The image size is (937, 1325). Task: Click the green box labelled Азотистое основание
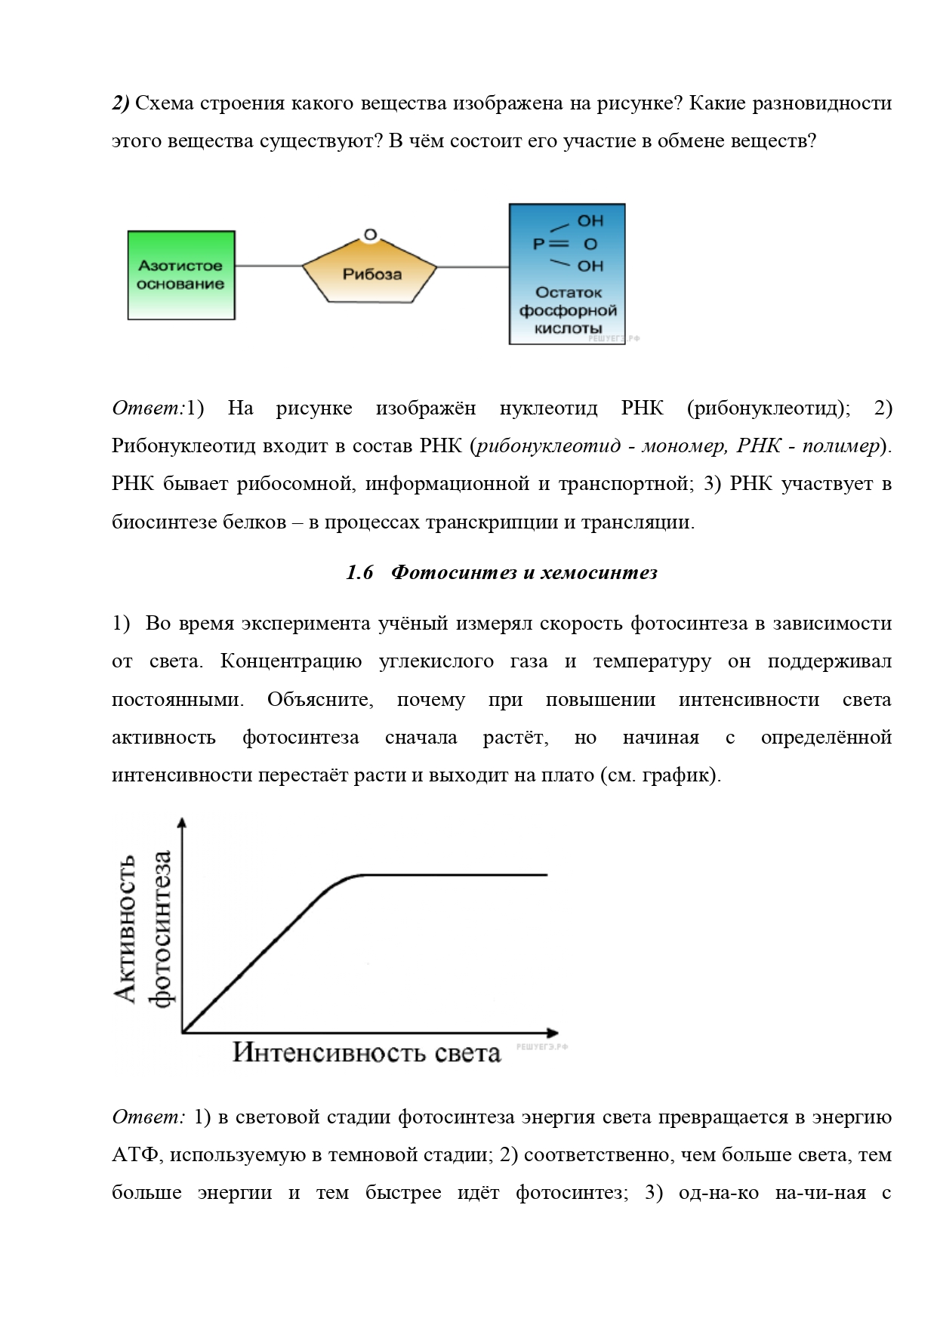[181, 275]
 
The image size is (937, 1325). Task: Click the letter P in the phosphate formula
[538, 244]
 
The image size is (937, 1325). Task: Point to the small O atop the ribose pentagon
[370, 235]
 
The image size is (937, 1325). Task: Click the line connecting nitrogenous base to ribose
[269, 266]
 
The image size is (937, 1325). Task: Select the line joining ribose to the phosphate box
[473, 266]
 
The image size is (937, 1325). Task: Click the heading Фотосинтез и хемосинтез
[525, 573]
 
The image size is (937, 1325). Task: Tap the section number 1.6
[359, 573]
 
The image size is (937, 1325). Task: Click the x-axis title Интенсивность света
[366, 1052]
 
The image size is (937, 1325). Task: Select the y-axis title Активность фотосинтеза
[143, 929]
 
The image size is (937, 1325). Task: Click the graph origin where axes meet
[183, 1031]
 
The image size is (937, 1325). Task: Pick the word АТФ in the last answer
[134, 1154]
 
